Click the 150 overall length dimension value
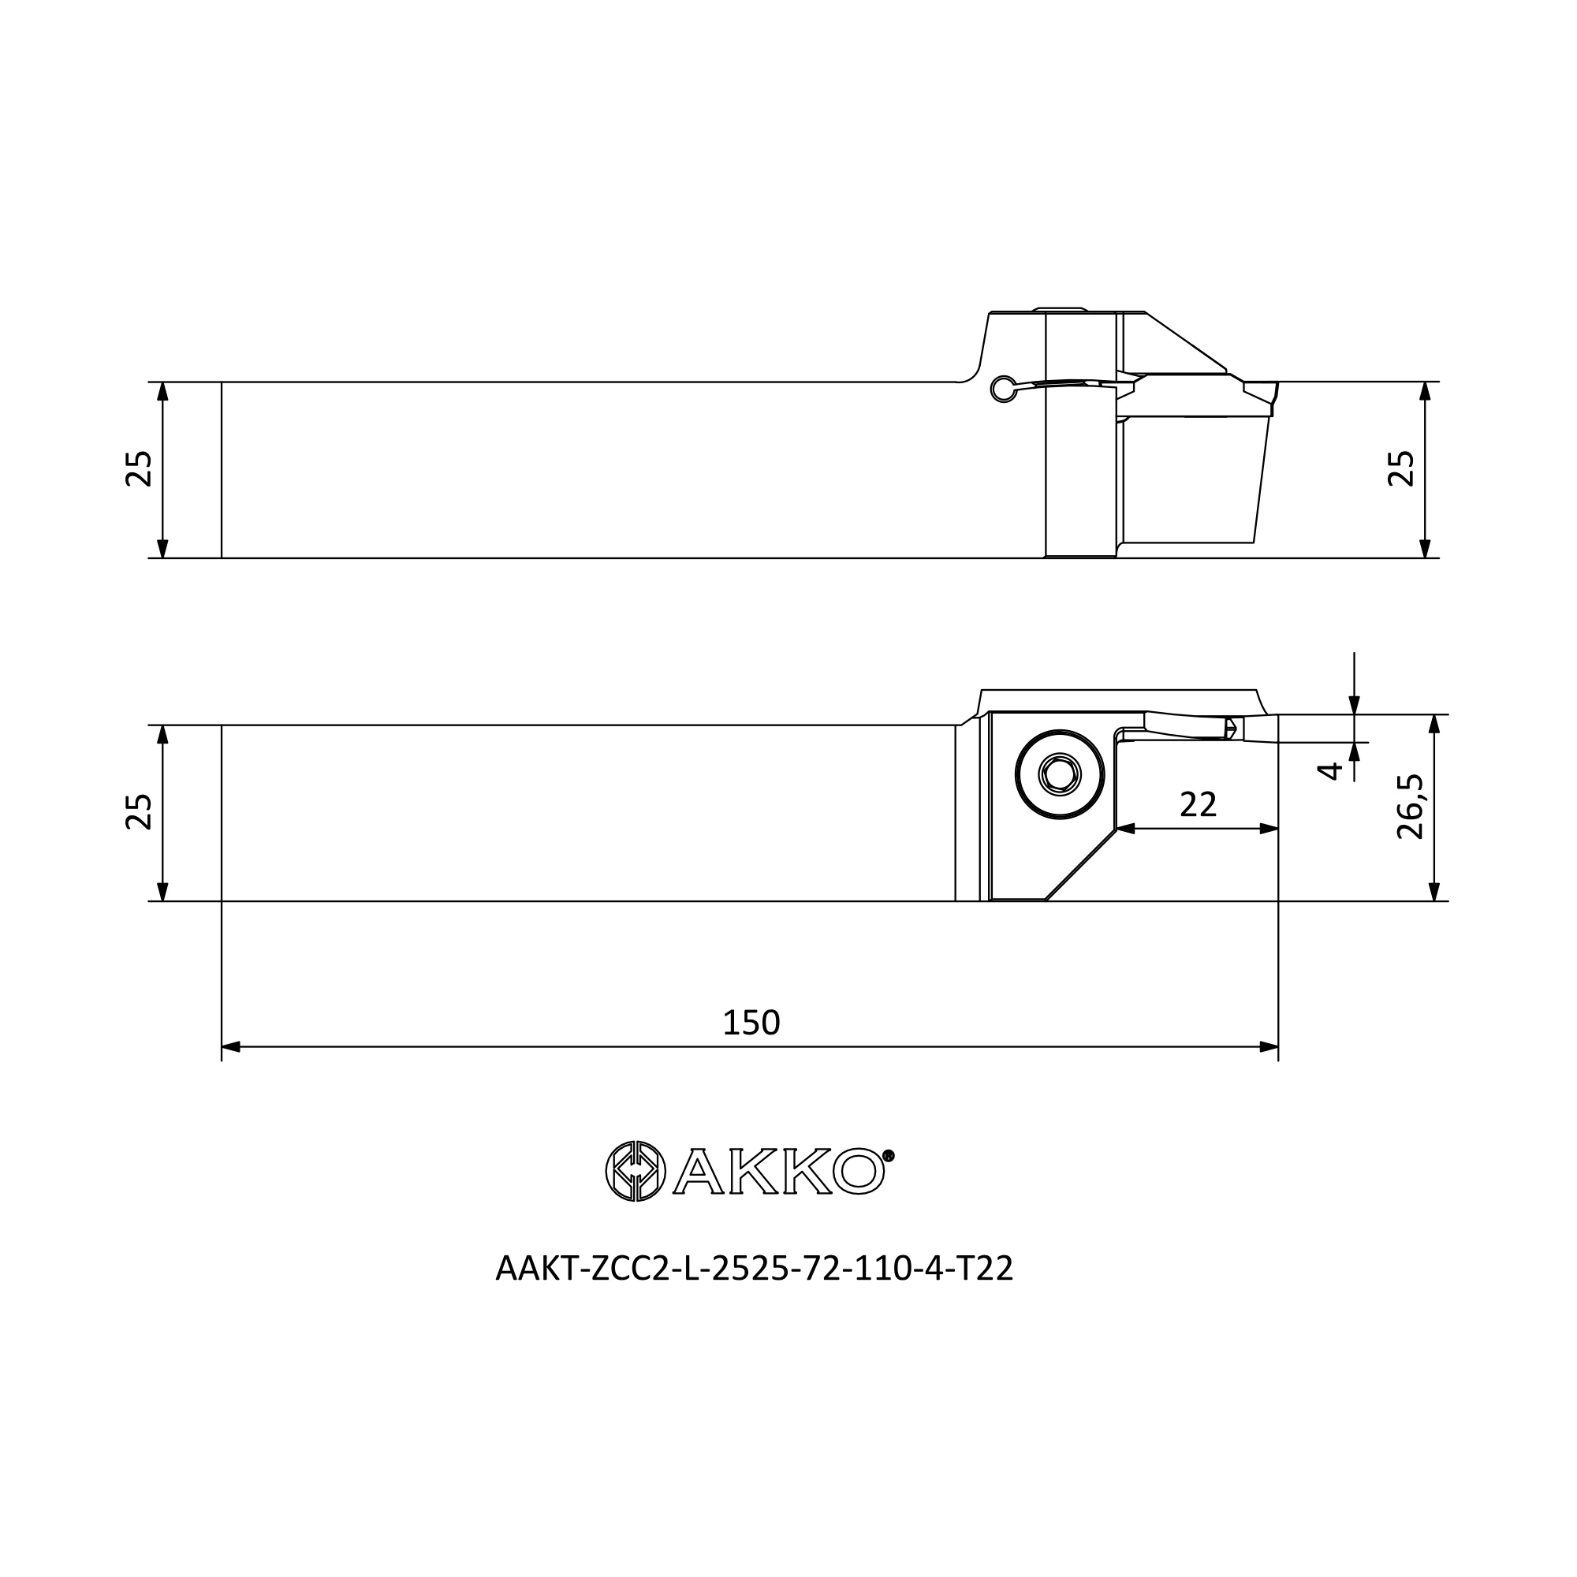(751, 1023)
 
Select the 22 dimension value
(1199, 805)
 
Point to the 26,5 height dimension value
(1410, 807)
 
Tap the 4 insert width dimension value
(1331, 770)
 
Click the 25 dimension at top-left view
(140, 468)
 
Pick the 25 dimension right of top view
(1401, 468)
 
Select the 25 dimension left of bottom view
(140, 811)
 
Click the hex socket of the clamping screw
(1060, 773)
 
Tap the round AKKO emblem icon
(636, 1170)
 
